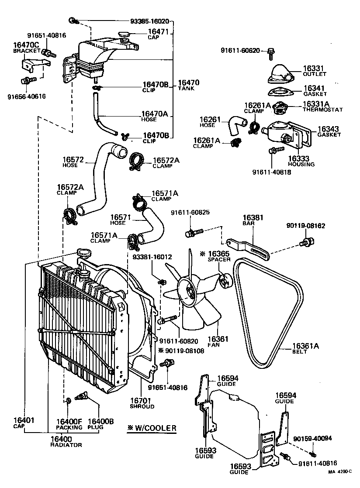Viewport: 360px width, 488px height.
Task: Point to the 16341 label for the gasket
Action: [x=315, y=88]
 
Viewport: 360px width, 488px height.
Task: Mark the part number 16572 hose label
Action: [x=73, y=160]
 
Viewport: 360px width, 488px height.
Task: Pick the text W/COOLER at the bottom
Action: [x=156, y=428]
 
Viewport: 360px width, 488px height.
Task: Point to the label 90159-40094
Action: [x=312, y=439]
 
